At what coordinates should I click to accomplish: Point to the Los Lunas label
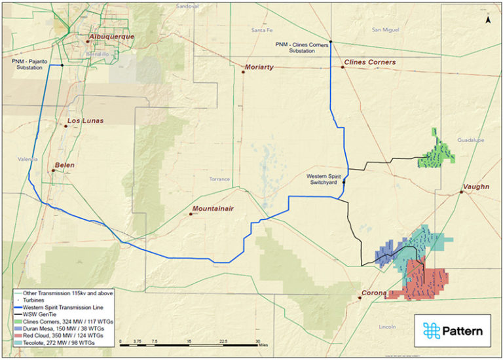85,121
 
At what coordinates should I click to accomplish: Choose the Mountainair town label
214,209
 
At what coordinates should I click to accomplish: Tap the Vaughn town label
475,187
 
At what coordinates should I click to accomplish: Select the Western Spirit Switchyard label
324,179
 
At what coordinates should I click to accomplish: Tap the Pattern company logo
453,331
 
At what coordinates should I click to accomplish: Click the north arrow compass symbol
489,20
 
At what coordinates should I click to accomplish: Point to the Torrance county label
219,179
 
